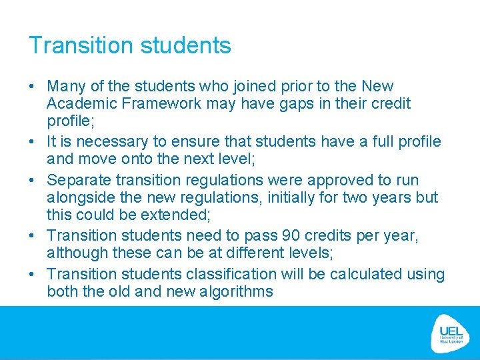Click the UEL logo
pyautogui.click(x=451, y=331)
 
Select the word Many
pyautogui.click(x=62, y=87)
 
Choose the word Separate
pyautogui.click(x=75, y=180)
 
